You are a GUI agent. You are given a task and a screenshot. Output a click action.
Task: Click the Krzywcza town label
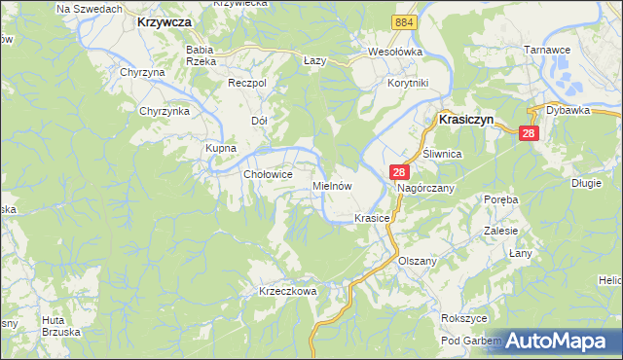point(164,20)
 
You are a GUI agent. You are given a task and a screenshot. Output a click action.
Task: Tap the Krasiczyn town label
point(467,119)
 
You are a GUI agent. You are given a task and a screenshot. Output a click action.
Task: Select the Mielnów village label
point(331,185)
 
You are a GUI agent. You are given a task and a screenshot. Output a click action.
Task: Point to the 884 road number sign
point(404,21)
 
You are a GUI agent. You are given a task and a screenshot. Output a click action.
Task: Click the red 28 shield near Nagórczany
point(399,171)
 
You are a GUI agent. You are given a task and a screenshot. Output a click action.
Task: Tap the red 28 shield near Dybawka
point(529,133)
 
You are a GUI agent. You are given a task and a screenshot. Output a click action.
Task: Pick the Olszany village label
point(419,262)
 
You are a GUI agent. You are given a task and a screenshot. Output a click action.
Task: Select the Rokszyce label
point(462,318)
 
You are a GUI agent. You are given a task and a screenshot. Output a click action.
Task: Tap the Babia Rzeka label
point(201,54)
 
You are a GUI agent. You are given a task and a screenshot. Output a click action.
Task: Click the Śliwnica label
point(441,155)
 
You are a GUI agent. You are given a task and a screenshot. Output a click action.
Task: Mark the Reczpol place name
point(246,84)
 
